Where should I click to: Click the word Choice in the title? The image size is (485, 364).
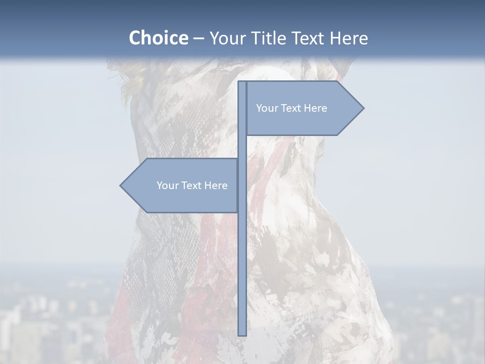coord(158,38)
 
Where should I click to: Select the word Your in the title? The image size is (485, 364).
coord(227,38)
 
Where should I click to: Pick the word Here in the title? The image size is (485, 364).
coord(349,38)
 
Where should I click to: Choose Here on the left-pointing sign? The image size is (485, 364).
coord(216,186)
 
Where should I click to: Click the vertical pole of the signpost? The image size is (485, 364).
coord(242,263)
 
